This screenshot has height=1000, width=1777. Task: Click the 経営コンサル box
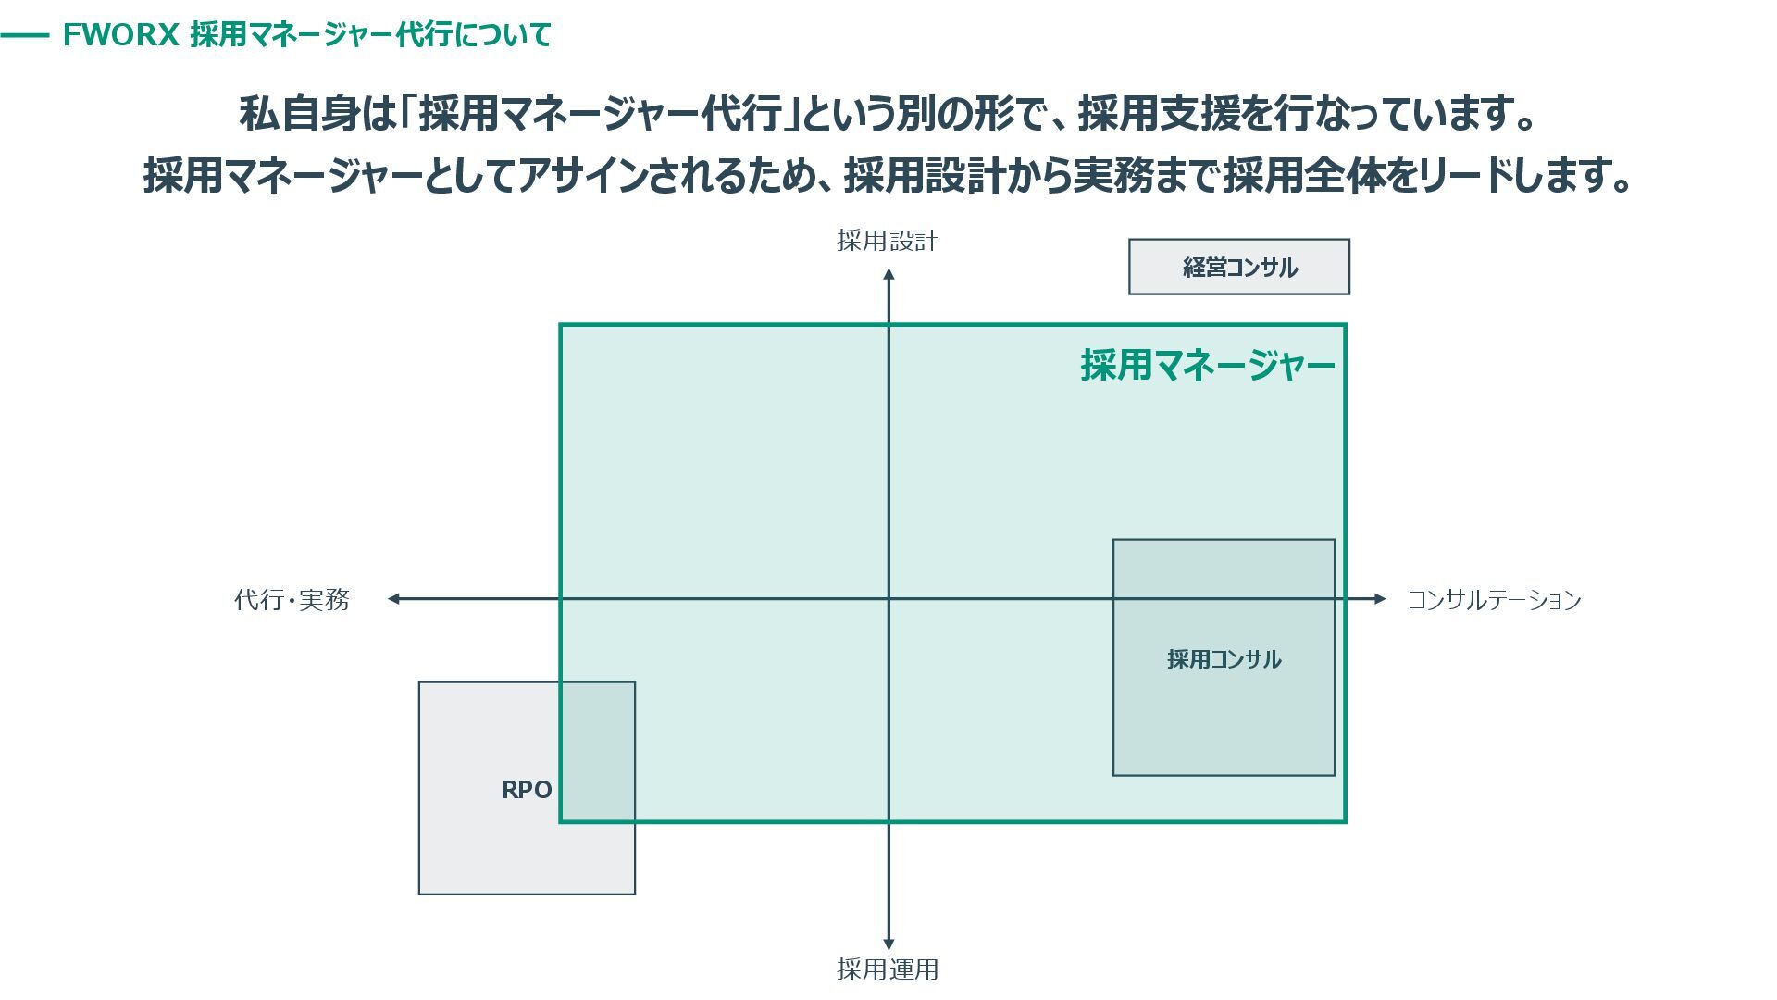[x=1238, y=268]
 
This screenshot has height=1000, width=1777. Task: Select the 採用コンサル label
[x=1224, y=659]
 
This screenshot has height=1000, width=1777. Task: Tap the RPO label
[x=526, y=790]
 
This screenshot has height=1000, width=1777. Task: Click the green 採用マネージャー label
[x=1208, y=365]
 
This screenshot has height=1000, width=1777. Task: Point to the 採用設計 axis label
[x=888, y=242]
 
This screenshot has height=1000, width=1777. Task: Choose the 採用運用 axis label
[x=888, y=969]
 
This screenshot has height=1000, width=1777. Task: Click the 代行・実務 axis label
[x=292, y=600]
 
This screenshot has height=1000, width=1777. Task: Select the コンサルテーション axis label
[x=1494, y=600]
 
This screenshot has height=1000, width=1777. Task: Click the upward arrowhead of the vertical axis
[x=888, y=274]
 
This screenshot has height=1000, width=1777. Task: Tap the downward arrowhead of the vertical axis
[x=888, y=944]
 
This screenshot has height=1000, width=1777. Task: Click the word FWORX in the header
[x=119, y=35]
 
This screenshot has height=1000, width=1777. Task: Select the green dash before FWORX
[x=25, y=36]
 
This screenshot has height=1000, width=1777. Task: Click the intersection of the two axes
[x=888, y=599]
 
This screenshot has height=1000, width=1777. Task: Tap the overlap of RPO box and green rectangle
[x=598, y=751]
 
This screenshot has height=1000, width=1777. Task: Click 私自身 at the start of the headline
[x=298, y=114]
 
